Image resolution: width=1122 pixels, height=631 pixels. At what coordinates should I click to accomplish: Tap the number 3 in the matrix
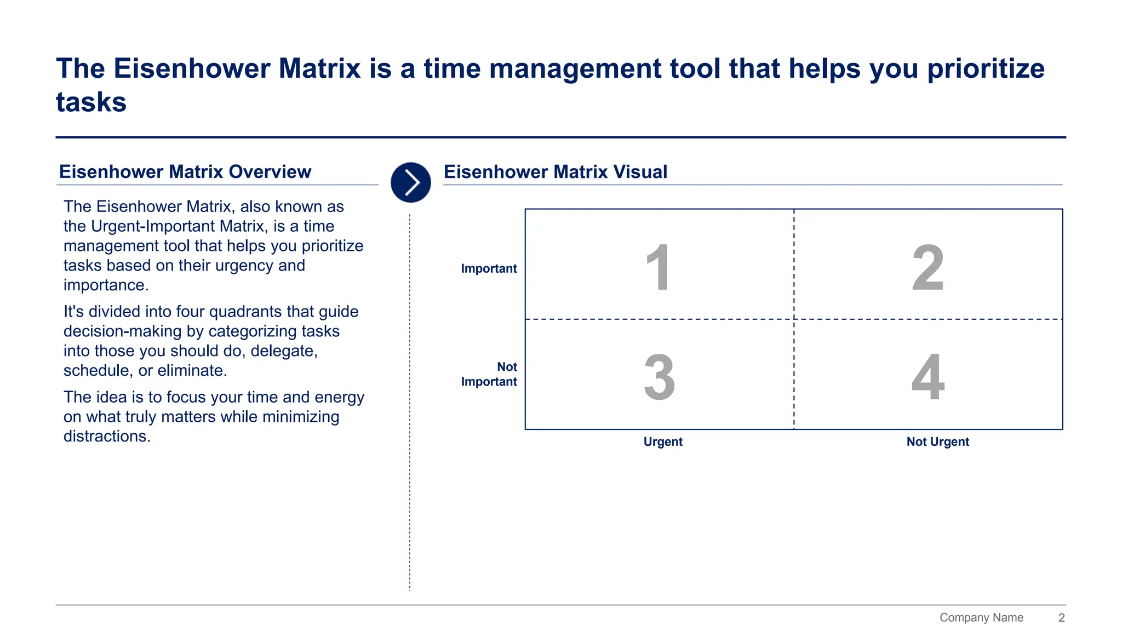point(659,377)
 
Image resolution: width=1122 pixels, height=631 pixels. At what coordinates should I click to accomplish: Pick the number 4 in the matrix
point(928,377)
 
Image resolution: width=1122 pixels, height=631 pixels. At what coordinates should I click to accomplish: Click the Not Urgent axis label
point(937,441)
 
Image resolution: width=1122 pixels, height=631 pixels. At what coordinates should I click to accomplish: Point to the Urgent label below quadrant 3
point(663,441)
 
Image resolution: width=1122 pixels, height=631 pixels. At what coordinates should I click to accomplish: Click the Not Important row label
point(489,374)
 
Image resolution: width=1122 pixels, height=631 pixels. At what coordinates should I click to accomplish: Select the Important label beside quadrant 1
point(489,268)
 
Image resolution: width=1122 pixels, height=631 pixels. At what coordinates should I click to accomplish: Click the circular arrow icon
point(411,182)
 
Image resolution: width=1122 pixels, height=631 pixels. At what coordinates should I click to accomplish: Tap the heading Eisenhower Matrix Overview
point(185,172)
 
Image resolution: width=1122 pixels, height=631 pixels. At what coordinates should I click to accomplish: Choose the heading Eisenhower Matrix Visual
point(556,172)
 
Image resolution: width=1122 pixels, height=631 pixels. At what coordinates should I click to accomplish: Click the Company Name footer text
point(981,617)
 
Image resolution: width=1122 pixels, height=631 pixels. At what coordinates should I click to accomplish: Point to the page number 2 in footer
point(1061,617)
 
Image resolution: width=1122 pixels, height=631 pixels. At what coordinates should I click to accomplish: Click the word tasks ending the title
point(91,102)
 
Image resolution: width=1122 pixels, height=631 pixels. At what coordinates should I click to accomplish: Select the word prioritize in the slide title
point(986,69)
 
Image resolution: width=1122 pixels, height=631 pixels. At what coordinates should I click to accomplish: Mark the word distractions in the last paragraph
point(106,437)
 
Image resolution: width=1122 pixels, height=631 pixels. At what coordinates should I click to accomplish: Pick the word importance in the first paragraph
point(105,285)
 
